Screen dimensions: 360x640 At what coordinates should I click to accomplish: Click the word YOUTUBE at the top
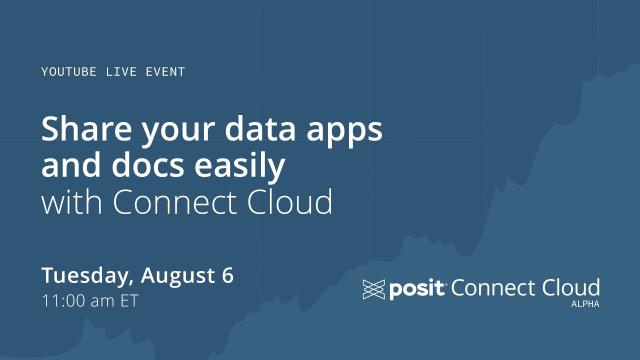click(x=69, y=72)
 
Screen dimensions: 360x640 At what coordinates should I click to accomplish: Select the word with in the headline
click(x=70, y=201)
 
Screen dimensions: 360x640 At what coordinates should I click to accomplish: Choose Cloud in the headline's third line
click(x=291, y=201)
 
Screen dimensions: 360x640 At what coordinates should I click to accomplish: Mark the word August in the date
click(x=179, y=277)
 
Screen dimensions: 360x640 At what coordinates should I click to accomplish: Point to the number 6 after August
click(x=228, y=275)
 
